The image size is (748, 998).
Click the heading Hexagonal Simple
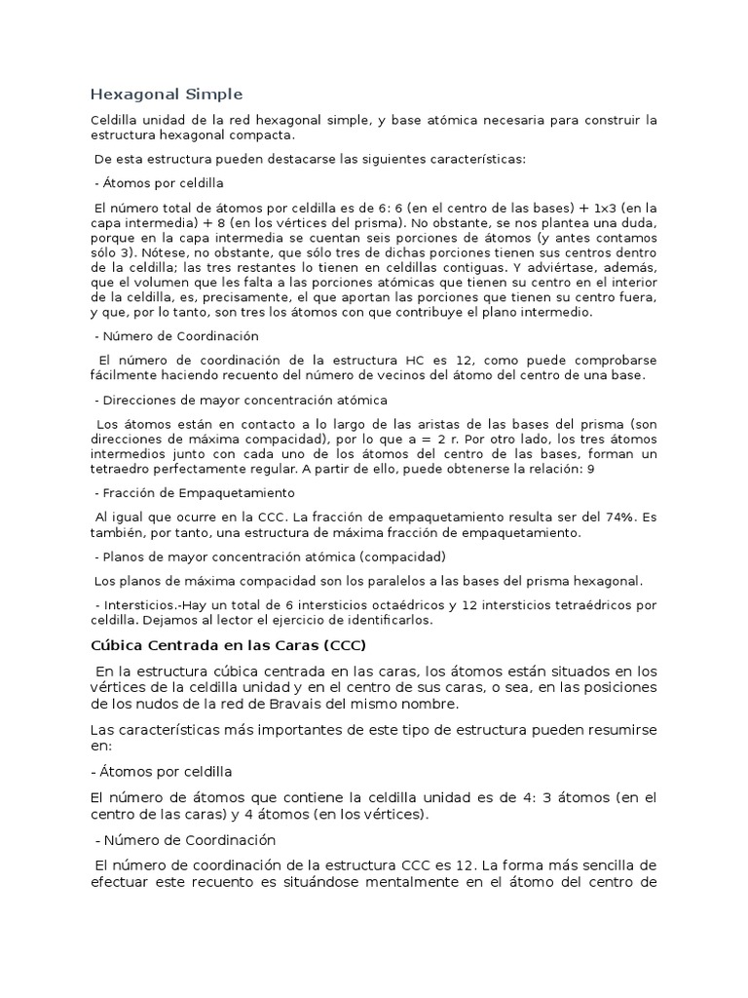166,95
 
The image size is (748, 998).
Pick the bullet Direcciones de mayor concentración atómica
241,400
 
